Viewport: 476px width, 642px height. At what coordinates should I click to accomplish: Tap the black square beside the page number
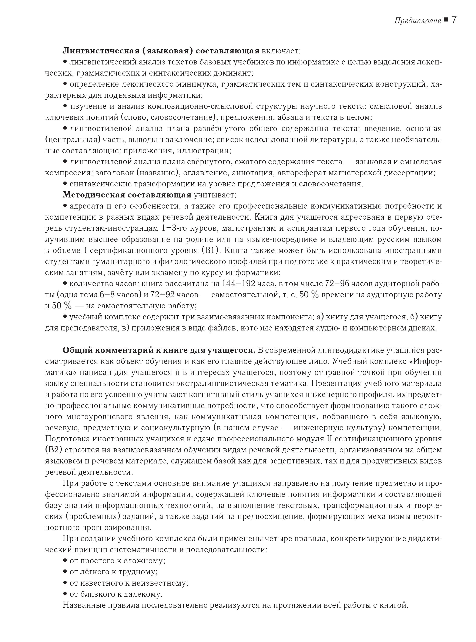[x=446, y=20]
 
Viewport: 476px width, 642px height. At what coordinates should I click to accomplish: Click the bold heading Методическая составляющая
[x=127, y=195]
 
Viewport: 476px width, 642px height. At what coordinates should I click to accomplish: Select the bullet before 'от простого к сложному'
[x=65, y=560]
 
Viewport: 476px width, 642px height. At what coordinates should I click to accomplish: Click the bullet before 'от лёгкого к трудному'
[x=65, y=571]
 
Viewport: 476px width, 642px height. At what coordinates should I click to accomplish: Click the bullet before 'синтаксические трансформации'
[x=65, y=183]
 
